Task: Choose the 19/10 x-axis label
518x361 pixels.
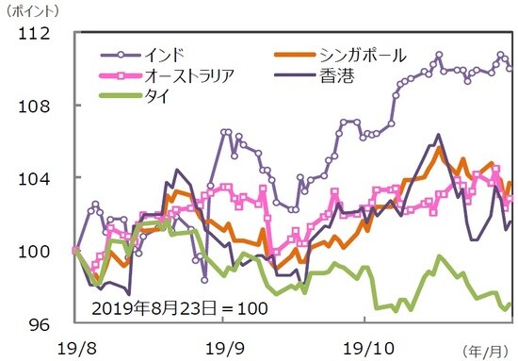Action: pyautogui.click(x=365, y=345)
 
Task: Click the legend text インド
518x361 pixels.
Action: pyautogui.click(x=163, y=54)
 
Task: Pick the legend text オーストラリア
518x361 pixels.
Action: pyautogui.click(x=189, y=75)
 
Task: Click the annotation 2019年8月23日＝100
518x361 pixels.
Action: pyautogui.click(x=180, y=308)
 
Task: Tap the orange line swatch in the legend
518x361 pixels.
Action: pyautogui.click(x=296, y=56)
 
